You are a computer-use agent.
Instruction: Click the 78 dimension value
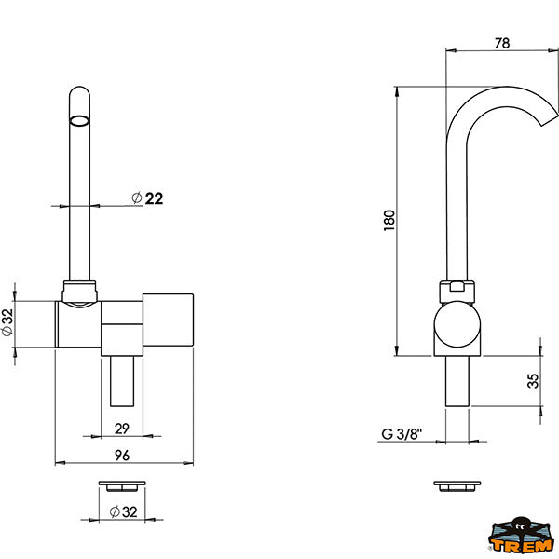click(502, 43)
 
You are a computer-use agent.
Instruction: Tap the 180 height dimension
click(389, 220)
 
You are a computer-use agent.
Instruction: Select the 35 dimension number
click(533, 381)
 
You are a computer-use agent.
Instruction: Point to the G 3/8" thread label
click(402, 433)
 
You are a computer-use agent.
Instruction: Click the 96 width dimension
click(122, 456)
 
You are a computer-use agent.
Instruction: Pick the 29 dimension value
click(121, 429)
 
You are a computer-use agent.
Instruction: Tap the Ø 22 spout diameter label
click(147, 198)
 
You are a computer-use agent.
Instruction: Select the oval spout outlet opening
click(79, 121)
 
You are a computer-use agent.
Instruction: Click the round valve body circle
click(457, 324)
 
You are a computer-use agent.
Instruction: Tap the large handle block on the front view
click(168, 320)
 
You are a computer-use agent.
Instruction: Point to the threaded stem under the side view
click(457, 381)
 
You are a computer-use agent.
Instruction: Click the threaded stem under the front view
click(122, 381)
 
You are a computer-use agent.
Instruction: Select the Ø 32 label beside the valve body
click(7, 322)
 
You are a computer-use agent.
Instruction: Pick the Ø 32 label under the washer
click(123, 511)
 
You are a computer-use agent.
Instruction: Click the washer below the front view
click(122, 486)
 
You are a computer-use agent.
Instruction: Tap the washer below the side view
click(457, 486)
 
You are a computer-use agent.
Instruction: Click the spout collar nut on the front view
click(79, 292)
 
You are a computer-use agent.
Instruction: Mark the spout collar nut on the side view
click(457, 292)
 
